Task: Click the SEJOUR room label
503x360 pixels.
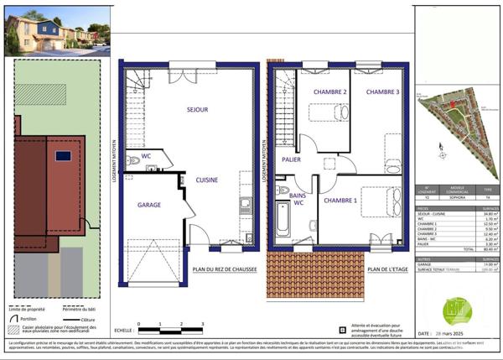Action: tap(197, 109)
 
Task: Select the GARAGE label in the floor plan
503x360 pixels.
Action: tap(149, 204)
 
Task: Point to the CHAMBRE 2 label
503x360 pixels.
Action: tap(330, 91)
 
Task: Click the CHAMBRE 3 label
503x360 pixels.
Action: tap(381, 91)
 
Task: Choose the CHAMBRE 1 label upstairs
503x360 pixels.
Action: tap(341, 201)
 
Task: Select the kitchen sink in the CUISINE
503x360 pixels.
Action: tap(245, 203)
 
